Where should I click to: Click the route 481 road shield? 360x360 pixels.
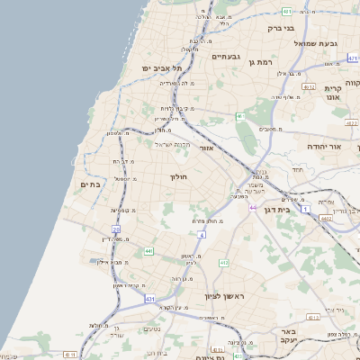(286, 12)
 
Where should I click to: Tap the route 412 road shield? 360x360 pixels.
(224, 263)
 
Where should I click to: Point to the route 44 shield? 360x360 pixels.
(252, 207)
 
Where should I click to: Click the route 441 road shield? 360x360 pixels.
(148, 251)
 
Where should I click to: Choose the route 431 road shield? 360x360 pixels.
(149, 298)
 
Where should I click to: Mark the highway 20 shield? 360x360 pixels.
(116, 229)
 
